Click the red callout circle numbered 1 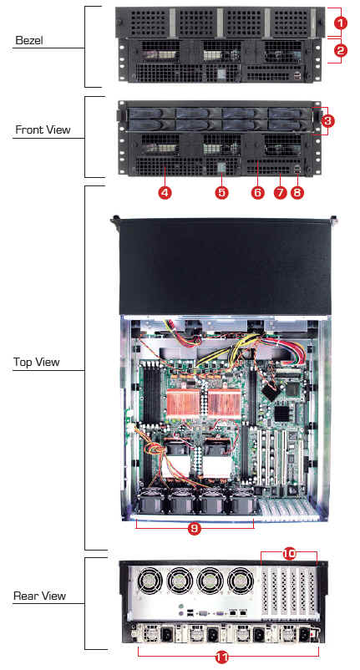coord(340,23)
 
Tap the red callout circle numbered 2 coord(340,51)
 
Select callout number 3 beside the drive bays coord(327,121)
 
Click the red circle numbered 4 coord(165,193)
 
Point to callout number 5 coord(221,193)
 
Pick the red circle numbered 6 coord(257,193)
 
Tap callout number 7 coord(280,193)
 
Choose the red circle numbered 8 coord(297,193)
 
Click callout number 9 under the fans coord(195,529)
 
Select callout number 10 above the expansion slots coord(289,554)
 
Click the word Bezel coord(29,41)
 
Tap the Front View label coord(43,129)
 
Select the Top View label coord(36,363)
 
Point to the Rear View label coord(40,596)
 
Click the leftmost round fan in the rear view coord(149,581)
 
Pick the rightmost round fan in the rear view coord(241,581)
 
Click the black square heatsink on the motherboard coord(281,414)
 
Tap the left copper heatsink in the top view coord(183,403)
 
